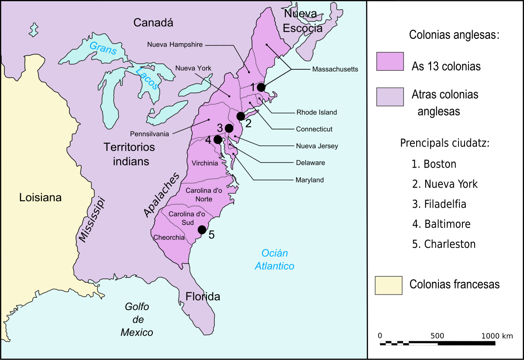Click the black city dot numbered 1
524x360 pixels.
coord(261,87)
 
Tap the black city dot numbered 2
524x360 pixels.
coord(241,116)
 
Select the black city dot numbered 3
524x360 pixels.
coord(229,128)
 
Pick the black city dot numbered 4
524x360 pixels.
coord(217,140)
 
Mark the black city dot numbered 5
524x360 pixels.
coord(202,230)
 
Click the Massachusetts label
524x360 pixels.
coord(335,69)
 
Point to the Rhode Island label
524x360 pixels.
coord(317,112)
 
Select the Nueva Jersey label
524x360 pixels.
coord(317,146)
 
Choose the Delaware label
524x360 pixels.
coord(310,163)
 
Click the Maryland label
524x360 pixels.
coord(310,180)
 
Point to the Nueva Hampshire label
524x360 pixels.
coord(175,45)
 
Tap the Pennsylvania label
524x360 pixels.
coord(149,134)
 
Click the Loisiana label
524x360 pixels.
coord(40,198)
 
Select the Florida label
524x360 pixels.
coord(203,297)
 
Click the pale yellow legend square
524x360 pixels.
coord(389,285)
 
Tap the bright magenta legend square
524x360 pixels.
coord(390,62)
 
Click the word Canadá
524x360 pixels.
coord(153,23)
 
